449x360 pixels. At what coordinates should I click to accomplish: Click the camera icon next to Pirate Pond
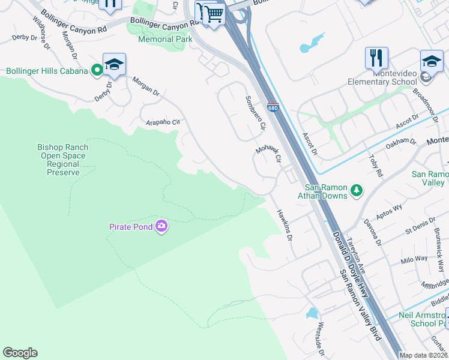161,226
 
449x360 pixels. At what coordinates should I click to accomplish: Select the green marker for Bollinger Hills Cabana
96,71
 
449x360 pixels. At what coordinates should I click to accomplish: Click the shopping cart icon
213,13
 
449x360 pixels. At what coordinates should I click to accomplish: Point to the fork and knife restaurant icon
376,58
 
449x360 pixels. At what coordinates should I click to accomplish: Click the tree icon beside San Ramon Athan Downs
357,190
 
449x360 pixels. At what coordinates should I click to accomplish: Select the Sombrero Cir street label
255,113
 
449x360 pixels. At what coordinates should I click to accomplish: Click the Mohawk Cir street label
268,154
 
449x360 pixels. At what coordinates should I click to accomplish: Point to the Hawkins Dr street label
284,225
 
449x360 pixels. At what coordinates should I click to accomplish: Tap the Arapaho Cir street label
163,122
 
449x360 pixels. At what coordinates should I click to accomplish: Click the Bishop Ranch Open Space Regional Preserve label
63,160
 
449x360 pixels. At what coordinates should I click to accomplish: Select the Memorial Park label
165,39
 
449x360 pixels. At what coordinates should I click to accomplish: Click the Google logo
20,353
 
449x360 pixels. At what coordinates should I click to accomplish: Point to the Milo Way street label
414,259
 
